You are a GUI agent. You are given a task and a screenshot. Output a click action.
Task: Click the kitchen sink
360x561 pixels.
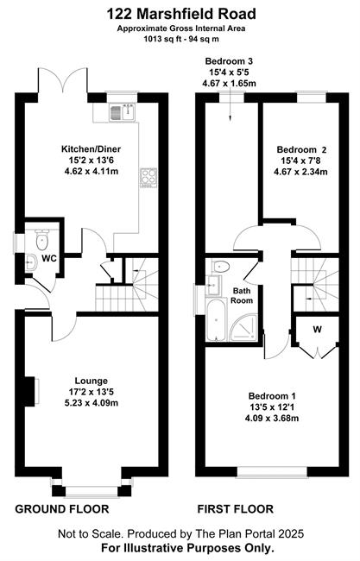click(x=122, y=111)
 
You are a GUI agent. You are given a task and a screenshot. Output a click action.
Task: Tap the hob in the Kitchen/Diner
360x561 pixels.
click(x=148, y=177)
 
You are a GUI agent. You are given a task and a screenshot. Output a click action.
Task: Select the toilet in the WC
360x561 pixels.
click(x=42, y=240)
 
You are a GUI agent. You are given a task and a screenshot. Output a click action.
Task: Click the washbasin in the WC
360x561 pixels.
click(x=31, y=262)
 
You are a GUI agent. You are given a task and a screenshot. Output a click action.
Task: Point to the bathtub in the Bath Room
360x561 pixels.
click(x=216, y=320)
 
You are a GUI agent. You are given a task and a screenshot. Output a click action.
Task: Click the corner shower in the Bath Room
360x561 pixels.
click(x=243, y=327)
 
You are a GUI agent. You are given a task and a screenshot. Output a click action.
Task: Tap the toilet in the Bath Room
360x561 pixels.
click(x=220, y=267)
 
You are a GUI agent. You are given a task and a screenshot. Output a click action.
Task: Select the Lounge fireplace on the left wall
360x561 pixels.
click(x=31, y=391)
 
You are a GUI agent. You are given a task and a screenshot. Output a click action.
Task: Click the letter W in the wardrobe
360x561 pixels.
click(x=317, y=330)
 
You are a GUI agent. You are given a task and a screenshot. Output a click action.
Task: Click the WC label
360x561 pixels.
click(x=49, y=258)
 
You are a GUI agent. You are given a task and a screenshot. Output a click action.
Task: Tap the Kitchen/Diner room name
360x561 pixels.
click(x=92, y=149)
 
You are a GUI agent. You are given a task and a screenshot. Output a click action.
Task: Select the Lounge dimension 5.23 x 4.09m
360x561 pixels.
click(x=92, y=403)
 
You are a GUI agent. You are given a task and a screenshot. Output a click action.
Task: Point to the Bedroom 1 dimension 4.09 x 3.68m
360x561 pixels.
click(x=272, y=418)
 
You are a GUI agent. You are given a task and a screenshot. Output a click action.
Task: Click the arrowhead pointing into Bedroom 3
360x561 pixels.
click(x=230, y=117)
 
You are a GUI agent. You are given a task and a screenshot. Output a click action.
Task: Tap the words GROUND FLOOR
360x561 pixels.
click(x=62, y=508)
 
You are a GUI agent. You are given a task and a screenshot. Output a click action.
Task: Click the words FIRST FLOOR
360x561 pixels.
click(x=236, y=508)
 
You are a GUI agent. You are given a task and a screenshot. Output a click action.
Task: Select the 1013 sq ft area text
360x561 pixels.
click(x=158, y=40)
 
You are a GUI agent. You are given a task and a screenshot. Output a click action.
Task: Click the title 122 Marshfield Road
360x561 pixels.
click(x=181, y=15)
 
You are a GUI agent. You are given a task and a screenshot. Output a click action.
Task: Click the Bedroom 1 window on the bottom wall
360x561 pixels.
click(x=272, y=472)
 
